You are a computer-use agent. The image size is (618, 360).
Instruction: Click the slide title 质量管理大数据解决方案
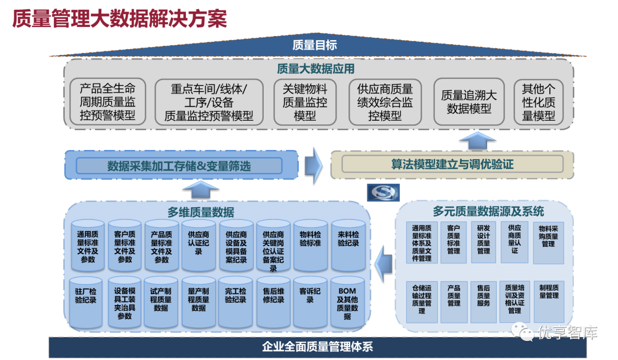[x=120, y=18]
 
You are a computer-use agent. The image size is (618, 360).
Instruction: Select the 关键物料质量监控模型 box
[x=305, y=102]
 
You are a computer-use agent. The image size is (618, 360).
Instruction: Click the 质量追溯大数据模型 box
[x=469, y=102]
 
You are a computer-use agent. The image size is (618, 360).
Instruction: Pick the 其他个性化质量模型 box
[x=538, y=102]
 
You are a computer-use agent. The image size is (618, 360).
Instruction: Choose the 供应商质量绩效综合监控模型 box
[x=385, y=102]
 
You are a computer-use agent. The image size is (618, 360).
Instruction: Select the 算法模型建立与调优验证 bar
[x=452, y=164]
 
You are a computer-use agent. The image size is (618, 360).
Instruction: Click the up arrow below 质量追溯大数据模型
[x=478, y=140]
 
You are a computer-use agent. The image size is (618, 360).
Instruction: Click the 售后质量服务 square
[x=484, y=301]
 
